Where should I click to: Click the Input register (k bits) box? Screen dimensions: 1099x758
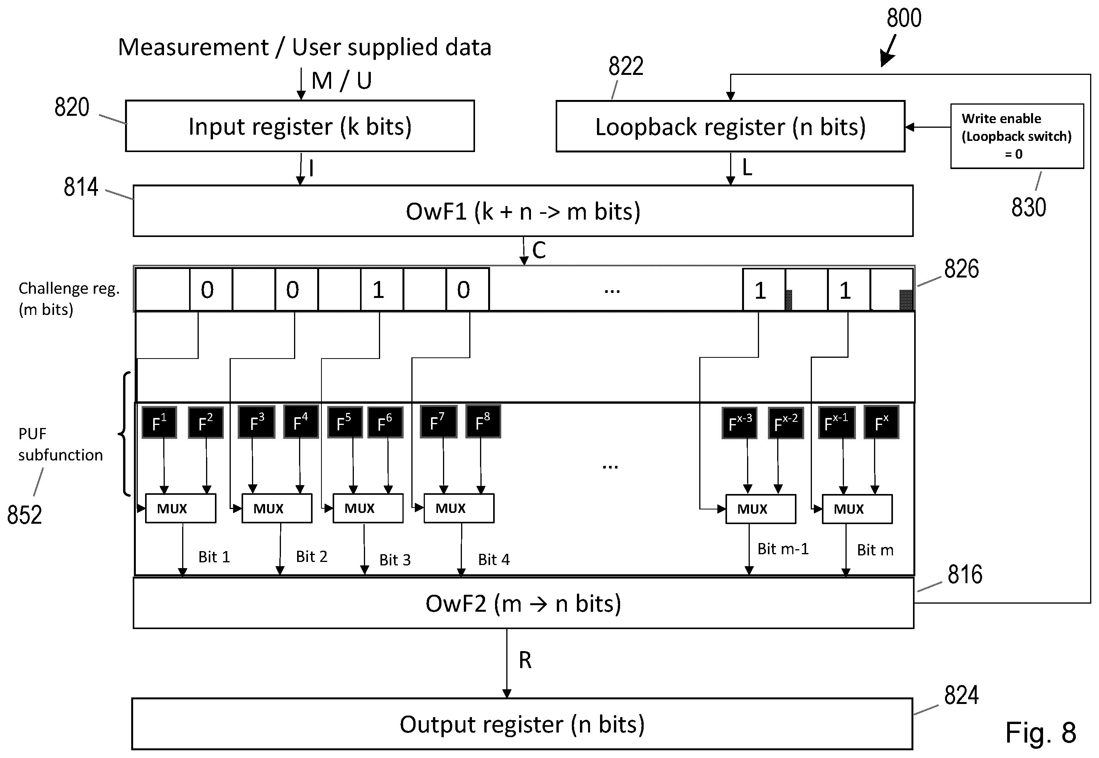click(x=300, y=126)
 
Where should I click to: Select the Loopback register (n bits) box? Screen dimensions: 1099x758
click(x=730, y=126)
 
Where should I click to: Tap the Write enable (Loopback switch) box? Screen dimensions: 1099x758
click(x=1017, y=136)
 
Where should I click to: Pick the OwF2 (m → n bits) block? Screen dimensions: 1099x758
click(x=523, y=603)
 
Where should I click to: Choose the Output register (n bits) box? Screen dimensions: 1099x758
click(x=522, y=724)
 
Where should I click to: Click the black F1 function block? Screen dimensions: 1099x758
click(x=159, y=422)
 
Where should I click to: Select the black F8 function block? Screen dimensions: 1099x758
click(x=483, y=421)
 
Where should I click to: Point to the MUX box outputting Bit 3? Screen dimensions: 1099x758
click(x=368, y=508)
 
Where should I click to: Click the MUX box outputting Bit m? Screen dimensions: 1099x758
click(x=857, y=509)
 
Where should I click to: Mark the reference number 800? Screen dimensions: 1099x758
click(x=904, y=18)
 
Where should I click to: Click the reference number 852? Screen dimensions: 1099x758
click(x=24, y=515)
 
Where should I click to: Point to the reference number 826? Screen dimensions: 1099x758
click(x=961, y=269)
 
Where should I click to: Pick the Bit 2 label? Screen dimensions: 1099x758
click(x=312, y=556)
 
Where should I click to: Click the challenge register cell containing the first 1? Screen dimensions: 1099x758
click(x=382, y=289)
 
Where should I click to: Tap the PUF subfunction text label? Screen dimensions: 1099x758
click(x=60, y=444)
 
